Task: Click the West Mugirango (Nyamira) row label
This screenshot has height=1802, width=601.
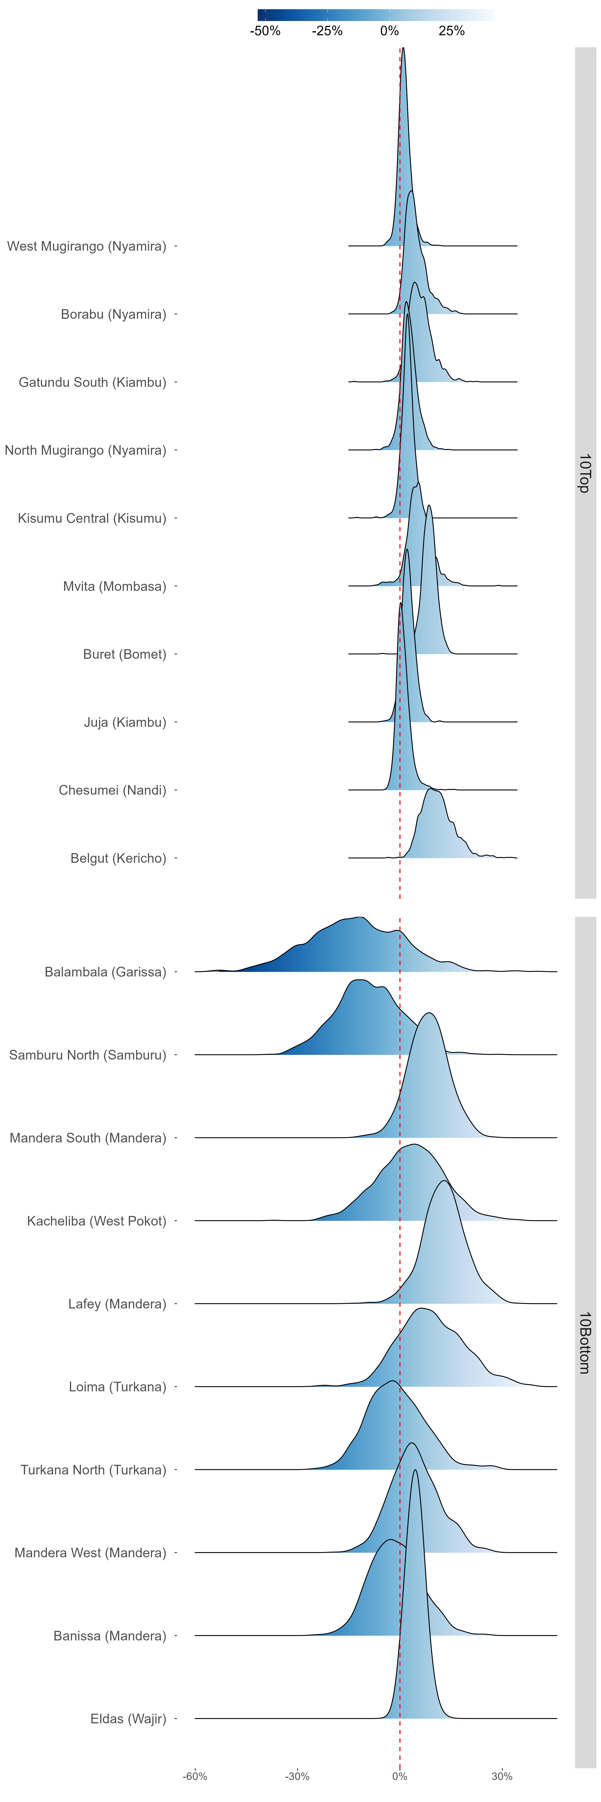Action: coord(87,246)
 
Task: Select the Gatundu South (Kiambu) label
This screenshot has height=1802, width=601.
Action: coord(92,382)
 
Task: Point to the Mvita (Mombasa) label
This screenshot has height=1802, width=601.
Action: coord(115,586)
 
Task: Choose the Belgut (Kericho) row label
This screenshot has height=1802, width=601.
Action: coord(118,858)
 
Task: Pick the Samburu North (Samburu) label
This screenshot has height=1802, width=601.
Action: coord(88,1055)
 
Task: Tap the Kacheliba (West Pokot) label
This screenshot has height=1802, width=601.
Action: coord(97,1221)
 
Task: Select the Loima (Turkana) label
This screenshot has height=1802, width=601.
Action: coord(118,1387)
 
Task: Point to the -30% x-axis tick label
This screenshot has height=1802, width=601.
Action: coord(297,1776)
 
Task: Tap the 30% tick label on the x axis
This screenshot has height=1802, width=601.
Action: coord(502,1776)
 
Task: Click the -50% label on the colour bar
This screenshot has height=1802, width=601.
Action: coord(265,31)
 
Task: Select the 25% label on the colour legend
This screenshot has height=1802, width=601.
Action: coord(451,31)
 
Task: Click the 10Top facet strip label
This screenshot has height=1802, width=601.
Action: coord(585,473)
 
